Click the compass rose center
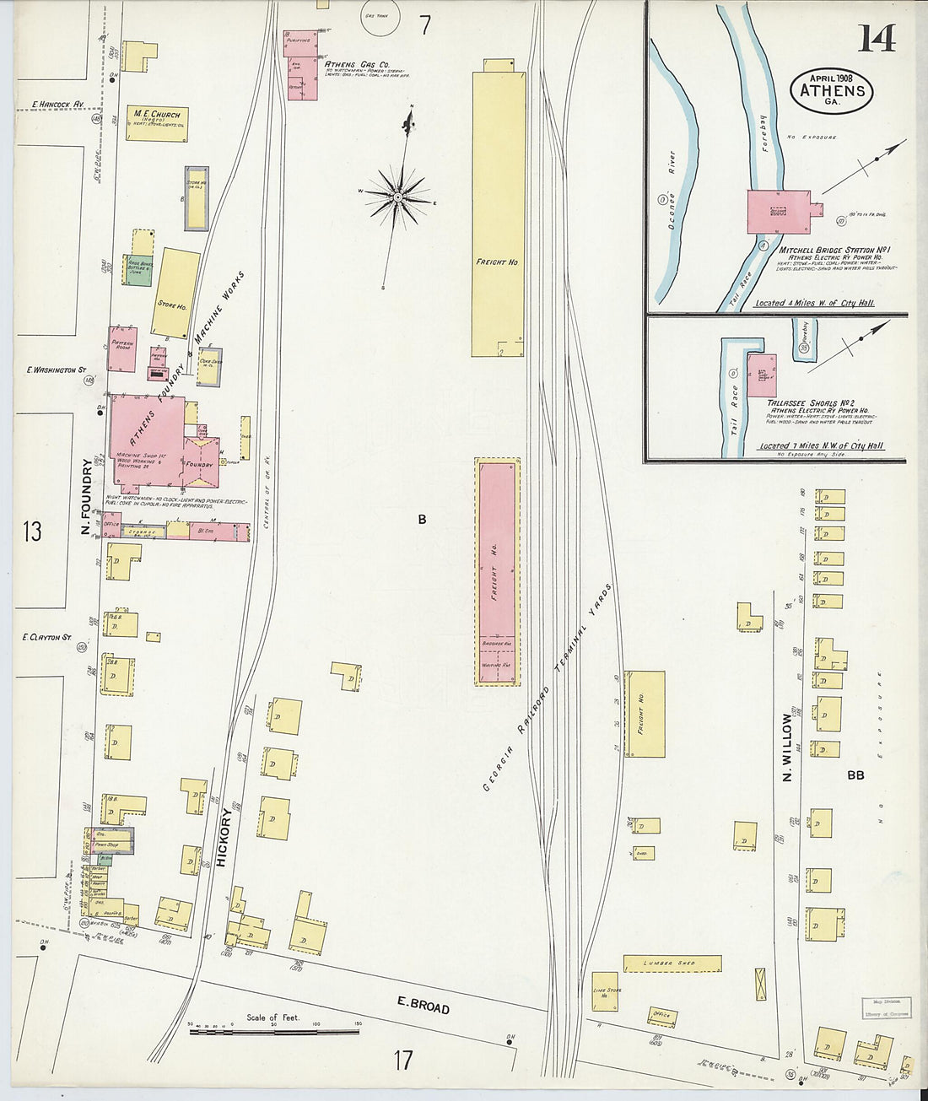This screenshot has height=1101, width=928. pyautogui.click(x=397, y=197)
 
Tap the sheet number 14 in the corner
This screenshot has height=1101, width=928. pyautogui.click(x=877, y=38)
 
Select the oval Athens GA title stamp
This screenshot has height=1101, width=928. pyautogui.click(x=832, y=89)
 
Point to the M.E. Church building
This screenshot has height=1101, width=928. pyautogui.click(x=157, y=123)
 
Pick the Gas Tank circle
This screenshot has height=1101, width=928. pyautogui.click(x=380, y=20)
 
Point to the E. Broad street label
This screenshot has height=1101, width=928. pyautogui.click(x=424, y=1004)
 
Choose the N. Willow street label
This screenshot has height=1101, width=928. pyautogui.click(x=787, y=747)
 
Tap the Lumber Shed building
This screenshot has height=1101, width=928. pyautogui.click(x=672, y=963)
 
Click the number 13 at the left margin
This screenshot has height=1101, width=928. pyautogui.click(x=32, y=532)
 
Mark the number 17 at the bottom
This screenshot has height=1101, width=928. pyautogui.click(x=403, y=1060)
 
